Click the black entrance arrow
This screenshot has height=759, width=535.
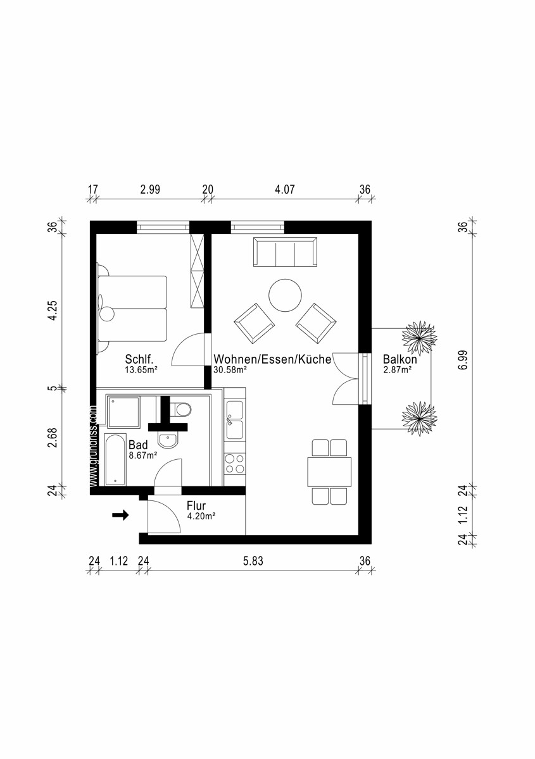click(120, 515)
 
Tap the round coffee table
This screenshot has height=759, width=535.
click(285, 295)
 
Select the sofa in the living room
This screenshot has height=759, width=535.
click(285, 252)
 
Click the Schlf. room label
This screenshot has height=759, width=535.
click(139, 359)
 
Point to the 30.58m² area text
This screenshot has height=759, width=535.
click(230, 370)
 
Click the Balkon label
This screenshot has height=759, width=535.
click(400, 359)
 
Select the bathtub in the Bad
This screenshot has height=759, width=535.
click(115, 460)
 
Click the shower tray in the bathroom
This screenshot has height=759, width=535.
click(123, 412)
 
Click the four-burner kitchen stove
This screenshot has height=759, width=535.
click(235, 464)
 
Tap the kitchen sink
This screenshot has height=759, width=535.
click(235, 421)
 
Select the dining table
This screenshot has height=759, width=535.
click(329, 471)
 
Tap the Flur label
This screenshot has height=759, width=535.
click(196, 505)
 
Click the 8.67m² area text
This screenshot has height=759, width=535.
click(143, 454)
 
